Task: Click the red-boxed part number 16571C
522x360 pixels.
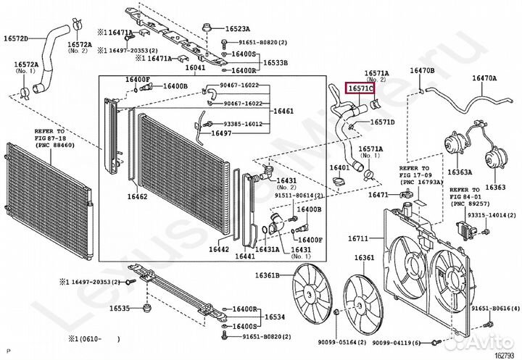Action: pyautogui.click(x=360, y=89)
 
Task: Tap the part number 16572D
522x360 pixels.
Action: pyautogui.click(x=16, y=38)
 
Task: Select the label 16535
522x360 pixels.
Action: pyautogui.click(x=120, y=308)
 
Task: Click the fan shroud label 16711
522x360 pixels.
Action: pyautogui.click(x=357, y=238)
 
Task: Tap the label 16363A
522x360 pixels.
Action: pyautogui.click(x=460, y=173)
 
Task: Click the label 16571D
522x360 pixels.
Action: pyautogui.click(x=382, y=122)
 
